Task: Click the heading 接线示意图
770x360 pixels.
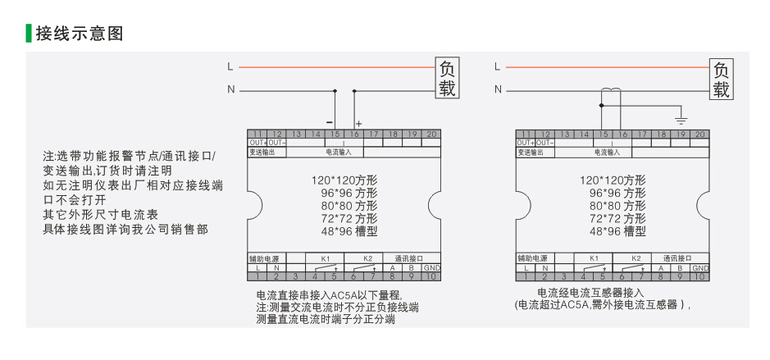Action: (79, 34)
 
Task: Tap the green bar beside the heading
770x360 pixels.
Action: (29, 34)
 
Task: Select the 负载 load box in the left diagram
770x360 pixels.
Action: (446, 78)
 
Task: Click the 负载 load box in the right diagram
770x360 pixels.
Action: (721, 79)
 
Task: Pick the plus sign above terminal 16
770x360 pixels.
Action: (358, 123)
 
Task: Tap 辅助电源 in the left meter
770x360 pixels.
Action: (265, 258)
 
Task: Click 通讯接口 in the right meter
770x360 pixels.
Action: (677, 258)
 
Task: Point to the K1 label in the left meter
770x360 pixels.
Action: (325, 258)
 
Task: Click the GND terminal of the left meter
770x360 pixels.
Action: (431, 268)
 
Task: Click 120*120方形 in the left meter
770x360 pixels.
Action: (344, 180)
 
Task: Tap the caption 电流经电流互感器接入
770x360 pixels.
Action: (590, 292)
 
